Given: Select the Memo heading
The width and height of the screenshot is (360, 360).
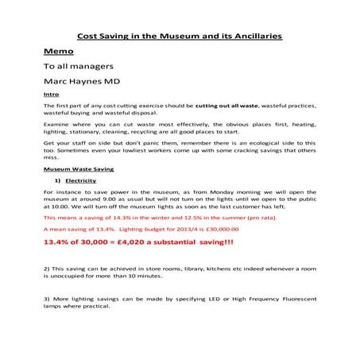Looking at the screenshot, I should coord(60,52).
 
